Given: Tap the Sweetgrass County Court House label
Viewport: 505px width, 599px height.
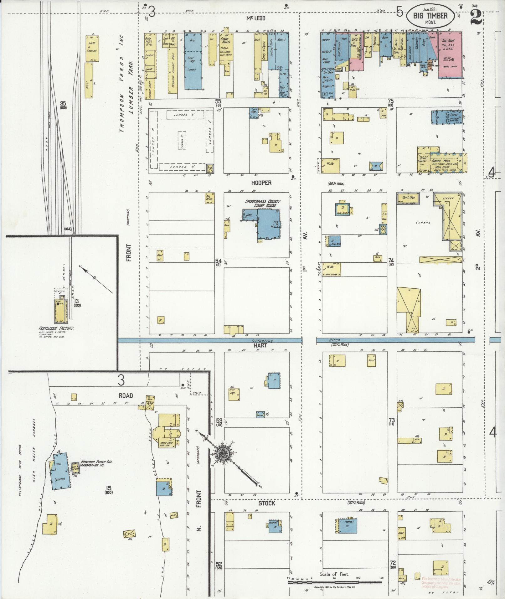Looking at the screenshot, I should [x=262, y=204].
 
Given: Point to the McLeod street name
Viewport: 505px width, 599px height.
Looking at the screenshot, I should [x=255, y=18].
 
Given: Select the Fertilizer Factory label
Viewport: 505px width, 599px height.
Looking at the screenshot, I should [x=56, y=328].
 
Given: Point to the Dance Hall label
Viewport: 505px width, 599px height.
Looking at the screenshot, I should [x=441, y=161].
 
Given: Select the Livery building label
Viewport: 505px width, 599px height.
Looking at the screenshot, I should [x=448, y=198].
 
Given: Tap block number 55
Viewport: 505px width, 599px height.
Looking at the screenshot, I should [x=218, y=101].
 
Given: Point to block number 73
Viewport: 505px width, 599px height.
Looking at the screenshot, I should [x=392, y=420].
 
